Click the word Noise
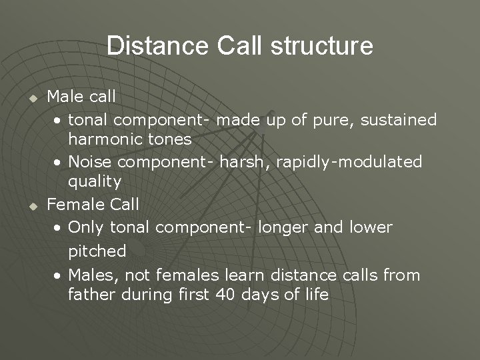pos(89,161)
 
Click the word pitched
pos(97,251)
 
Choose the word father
pos(90,295)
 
